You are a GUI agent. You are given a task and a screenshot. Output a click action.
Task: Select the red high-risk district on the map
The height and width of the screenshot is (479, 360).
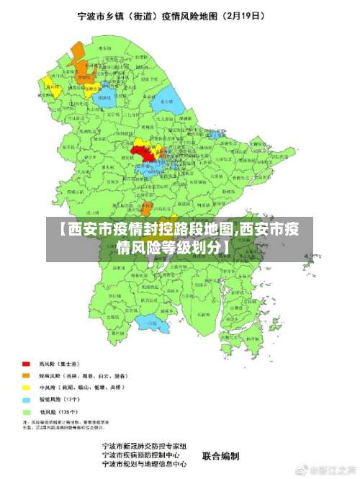[x=143, y=151]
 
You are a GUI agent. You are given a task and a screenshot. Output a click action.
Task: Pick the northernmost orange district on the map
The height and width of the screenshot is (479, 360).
[x=77, y=52]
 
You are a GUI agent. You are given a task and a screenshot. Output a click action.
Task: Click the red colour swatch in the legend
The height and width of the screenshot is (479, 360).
[x=27, y=364]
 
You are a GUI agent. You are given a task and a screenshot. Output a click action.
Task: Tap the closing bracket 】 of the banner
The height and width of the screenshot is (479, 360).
[x=228, y=249]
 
